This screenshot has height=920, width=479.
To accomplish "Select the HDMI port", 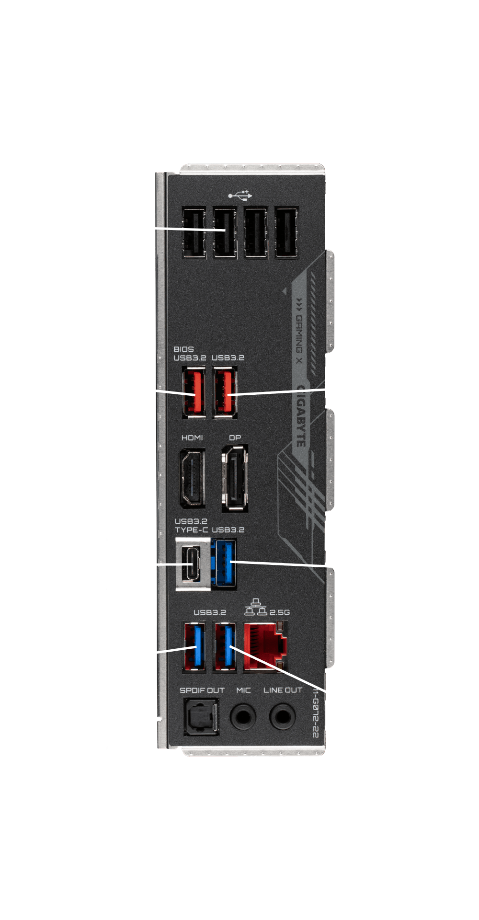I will tap(192, 478).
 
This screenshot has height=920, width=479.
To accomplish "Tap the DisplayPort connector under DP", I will tap(235, 478).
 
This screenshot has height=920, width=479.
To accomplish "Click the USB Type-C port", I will tap(193, 564).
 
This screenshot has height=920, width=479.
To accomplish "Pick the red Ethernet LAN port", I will tap(265, 646).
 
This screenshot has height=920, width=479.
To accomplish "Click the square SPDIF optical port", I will tap(201, 717).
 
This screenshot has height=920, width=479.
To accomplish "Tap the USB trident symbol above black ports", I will tap(240, 195).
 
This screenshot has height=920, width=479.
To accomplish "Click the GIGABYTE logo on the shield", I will tap(301, 416).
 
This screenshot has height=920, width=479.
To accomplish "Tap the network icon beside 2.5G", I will tap(256, 607).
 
